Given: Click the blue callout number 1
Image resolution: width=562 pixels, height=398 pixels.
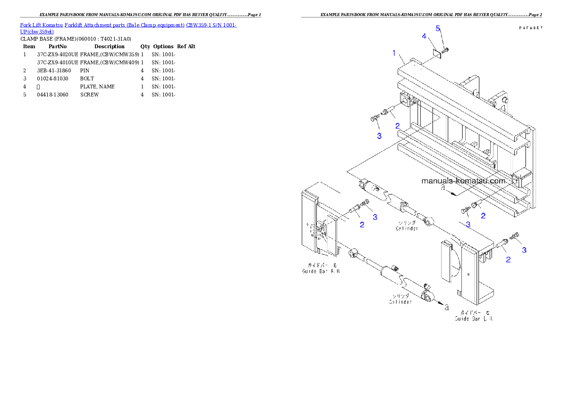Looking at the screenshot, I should tap(394, 53).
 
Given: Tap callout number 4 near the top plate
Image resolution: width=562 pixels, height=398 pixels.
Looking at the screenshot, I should tap(424, 36).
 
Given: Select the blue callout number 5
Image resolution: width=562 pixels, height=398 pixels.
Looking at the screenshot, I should tap(438, 28).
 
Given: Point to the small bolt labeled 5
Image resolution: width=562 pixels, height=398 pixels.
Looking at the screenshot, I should tap(446, 49).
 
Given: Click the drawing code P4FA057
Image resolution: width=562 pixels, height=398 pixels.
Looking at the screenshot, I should tap(530, 28).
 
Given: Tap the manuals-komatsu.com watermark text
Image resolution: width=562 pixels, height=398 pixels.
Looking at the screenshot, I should tap(463, 181).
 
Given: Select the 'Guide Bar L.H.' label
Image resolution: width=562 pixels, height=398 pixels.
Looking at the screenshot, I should tap(474, 319).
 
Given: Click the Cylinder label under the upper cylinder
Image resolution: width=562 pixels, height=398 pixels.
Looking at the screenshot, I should tap(407, 228).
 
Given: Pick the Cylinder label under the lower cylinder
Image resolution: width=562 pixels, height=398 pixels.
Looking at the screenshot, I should tap(400, 302).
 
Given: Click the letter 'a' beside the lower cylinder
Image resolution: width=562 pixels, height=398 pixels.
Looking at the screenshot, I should tap(446, 308).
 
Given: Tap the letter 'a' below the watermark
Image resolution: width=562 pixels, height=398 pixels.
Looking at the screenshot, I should tap(443, 188).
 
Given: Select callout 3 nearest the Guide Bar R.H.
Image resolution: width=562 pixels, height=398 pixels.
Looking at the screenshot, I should tap(375, 217).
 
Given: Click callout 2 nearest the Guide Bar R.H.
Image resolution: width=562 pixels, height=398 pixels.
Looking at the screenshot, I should tap(362, 225).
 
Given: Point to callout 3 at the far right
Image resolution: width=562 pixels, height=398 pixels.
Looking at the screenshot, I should tap(524, 250).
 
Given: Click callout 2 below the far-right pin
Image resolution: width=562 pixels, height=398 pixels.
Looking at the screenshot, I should tap(508, 259).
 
